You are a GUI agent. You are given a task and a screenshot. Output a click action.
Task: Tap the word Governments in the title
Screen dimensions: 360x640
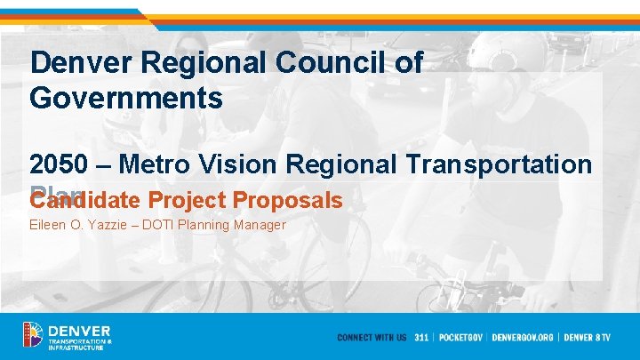[x=125, y=97]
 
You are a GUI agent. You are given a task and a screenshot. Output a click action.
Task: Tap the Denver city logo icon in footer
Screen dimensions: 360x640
[x=33, y=335]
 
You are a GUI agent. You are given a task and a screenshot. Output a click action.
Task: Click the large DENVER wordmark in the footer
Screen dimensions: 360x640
[x=80, y=331]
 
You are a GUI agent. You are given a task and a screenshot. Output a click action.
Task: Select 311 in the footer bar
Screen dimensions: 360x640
[x=422, y=338]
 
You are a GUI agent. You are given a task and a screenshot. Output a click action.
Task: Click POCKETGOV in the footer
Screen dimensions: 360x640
[x=461, y=338]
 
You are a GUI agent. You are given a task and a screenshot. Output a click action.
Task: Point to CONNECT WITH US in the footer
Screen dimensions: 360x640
[x=372, y=338]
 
